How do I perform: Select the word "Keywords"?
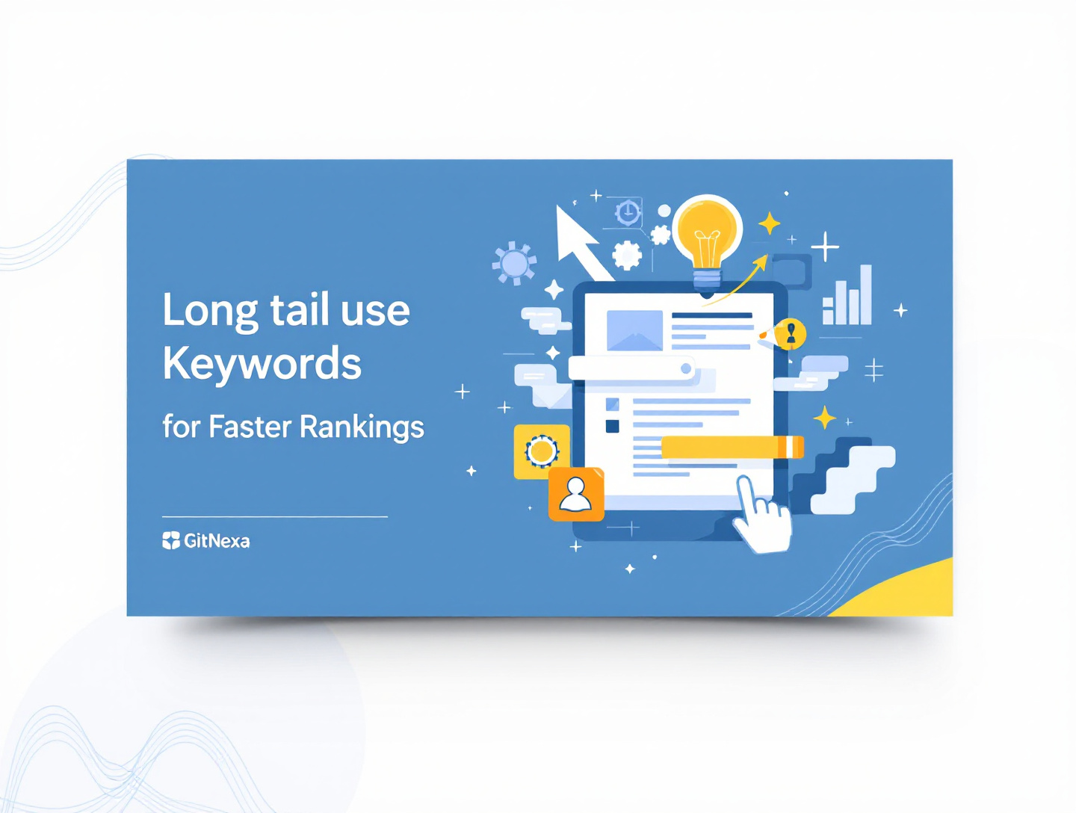pyautogui.click(x=262, y=364)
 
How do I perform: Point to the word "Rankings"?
pyautogui.click(x=362, y=427)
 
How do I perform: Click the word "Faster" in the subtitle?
pyautogui.click(x=250, y=427)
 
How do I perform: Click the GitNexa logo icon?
pyautogui.click(x=171, y=540)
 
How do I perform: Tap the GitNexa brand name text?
pyautogui.click(x=217, y=541)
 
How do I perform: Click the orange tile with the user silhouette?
pyautogui.click(x=576, y=494)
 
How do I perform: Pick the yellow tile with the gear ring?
pyautogui.click(x=541, y=451)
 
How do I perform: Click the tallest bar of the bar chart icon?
pyautogui.click(x=865, y=294)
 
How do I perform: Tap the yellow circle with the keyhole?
pyautogui.click(x=791, y=333)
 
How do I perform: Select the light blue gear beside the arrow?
pyautogui.click(x=514, y=263)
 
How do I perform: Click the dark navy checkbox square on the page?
pyautogui.click(x=612, y=427)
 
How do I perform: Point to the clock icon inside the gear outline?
pyautogui.click(x=628, y=212)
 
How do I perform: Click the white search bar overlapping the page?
pyautogui.click(x=631, y=368)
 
